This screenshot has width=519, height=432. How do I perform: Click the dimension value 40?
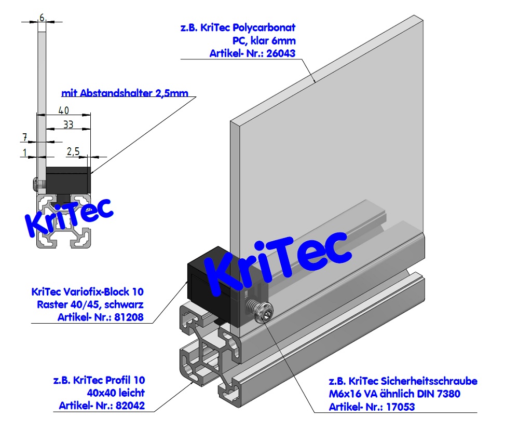click(x=64, y=110)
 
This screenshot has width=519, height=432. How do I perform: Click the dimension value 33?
click(x=68, y=124)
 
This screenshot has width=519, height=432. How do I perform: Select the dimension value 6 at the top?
click(x=42, y=18)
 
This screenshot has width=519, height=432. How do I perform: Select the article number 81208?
click(x=128, y=317)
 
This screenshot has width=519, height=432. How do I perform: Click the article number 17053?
click(x=399, y=407)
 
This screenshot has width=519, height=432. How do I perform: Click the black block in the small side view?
click(x=69, y=179)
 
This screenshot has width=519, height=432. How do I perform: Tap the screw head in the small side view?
click(x=35, y=184)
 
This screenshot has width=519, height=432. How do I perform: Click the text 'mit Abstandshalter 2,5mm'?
click(x=125, y=93)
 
